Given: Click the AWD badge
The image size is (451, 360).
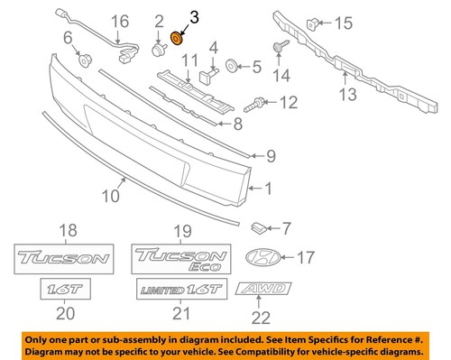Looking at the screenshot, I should [x=263, y=291].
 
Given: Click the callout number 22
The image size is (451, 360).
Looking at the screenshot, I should [x=260, y=317].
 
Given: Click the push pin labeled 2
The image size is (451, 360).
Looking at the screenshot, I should [x=160, y=51].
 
